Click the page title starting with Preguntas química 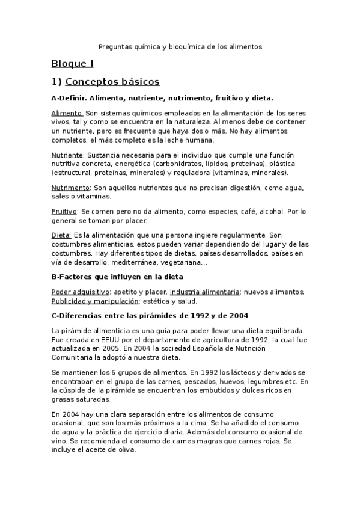click(180, 46)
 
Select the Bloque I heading click(72, 63)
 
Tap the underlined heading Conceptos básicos click(112, 81)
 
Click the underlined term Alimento click(67, 113)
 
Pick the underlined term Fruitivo click(64, 212)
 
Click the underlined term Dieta click(61, 235)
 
